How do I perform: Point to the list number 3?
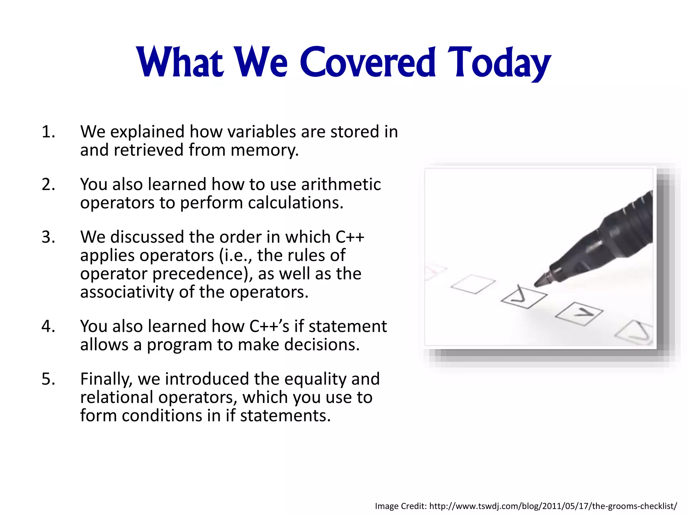pyautogui.click(x=48, y=237)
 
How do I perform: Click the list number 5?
pyautogui.click(x=48, y=379)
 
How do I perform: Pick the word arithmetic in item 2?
pyautogui.click(x=341, y=184)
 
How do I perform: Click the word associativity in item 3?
pyautogui.click(x=127, y=292)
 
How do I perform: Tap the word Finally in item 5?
pyautogui.click(x=106, y=379)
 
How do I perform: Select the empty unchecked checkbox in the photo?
pyautogui.click(x=473, y=284)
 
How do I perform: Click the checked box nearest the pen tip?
pyautogui.click(x=524, y=297)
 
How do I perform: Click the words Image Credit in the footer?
pyautogui.click(x=401, y=506)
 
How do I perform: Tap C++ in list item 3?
pyautogui.click(x=350, y=237)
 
